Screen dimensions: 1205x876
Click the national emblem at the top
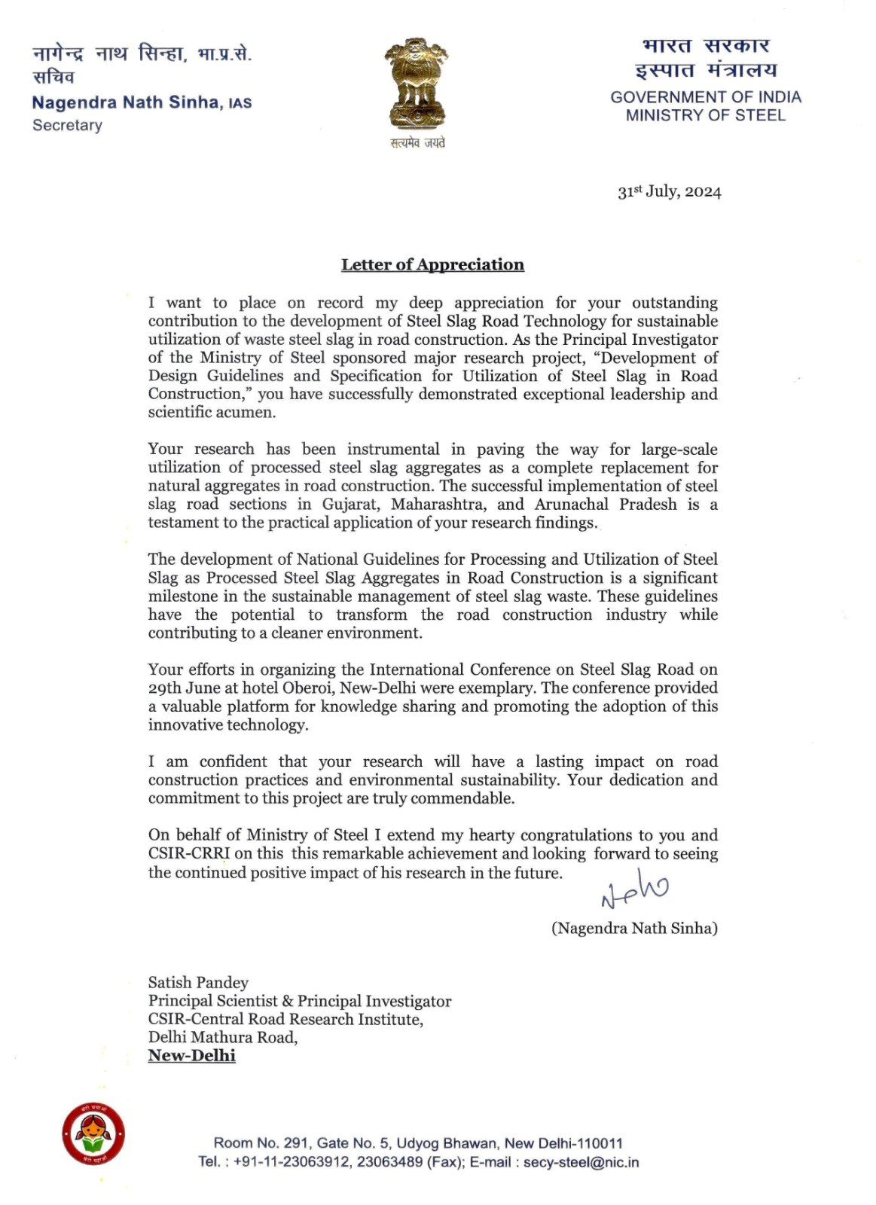click(417, 84)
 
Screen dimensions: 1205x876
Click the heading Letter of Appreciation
click(432, 264)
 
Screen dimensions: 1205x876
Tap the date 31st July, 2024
click(669, 191)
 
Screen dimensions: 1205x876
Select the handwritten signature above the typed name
click(634, 889)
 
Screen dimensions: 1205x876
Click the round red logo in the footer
click(93, 1133)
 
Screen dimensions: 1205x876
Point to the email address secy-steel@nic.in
click(581, 1162)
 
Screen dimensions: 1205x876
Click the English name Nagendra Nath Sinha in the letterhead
click(126, 102)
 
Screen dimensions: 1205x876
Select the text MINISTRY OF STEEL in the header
click(706, 115)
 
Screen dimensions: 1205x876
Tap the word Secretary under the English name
click(67, 125)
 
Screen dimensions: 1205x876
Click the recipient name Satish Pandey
click(198, 982)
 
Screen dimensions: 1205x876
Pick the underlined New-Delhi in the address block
click(191, 1055)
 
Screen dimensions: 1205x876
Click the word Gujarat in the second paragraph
click(350, 504)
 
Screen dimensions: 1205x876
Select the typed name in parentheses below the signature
click(634, 928)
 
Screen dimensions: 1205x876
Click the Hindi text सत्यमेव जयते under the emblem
click(417, 142)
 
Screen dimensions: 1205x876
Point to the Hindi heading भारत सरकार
click(706, 46)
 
